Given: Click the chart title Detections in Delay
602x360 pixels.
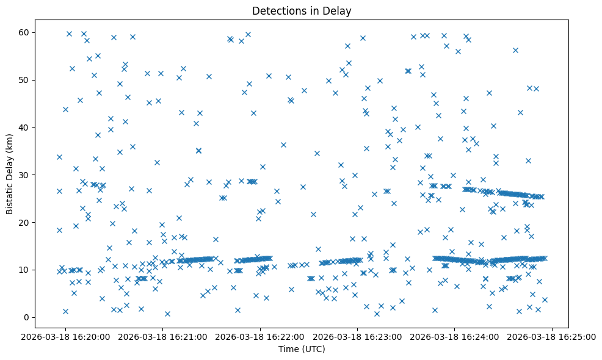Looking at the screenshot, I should coord(302,11).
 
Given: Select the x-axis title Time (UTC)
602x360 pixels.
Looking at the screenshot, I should coord(302,349).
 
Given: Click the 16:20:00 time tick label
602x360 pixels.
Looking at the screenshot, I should coord(66,336).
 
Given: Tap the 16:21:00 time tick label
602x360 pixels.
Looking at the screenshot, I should coord(163,336).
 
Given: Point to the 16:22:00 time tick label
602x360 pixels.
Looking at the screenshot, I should coord(261,336).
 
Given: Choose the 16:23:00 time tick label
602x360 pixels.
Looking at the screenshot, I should coord(358,336).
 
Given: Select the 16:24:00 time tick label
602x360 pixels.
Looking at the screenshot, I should coord(455,336).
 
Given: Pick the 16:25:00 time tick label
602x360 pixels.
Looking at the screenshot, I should coord(552,336).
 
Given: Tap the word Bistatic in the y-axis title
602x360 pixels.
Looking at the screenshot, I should coord(10,196).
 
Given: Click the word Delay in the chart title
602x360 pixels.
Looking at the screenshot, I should coord(339,11).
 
